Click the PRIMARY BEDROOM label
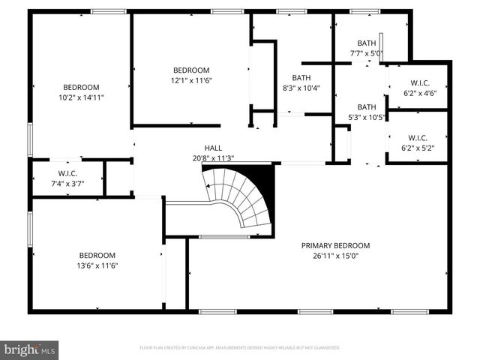click(335, 245)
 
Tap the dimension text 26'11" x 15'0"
click(335, 255)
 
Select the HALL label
click(213, 148)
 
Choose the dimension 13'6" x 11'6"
click(97, 265)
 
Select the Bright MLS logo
click(30, 349)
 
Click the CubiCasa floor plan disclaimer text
click(240, 348)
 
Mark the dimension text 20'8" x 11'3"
click(213, 158)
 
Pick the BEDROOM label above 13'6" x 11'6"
click(97, 255)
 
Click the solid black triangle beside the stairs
click(263, 177)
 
